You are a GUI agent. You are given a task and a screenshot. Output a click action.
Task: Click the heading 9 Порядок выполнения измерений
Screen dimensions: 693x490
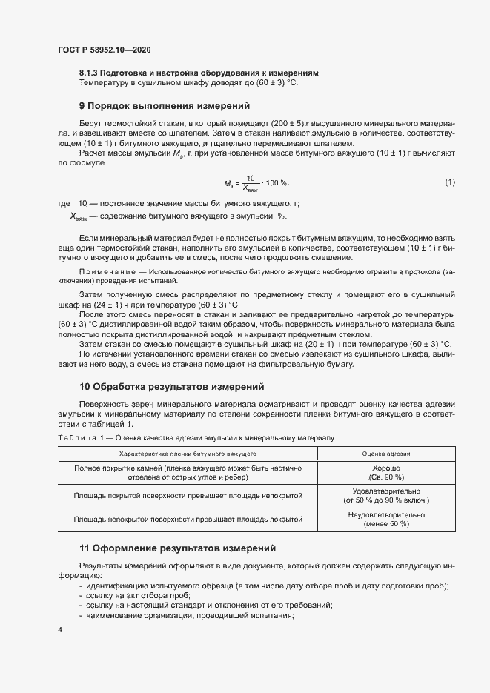tap(165, 105)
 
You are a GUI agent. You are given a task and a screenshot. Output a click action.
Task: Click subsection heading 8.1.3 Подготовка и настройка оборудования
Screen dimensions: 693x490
tap(199, 73)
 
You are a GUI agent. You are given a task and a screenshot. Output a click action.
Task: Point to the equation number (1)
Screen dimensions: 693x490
tap(450, 182)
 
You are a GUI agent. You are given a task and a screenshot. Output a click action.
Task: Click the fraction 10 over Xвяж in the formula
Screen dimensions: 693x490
tap(253, 182)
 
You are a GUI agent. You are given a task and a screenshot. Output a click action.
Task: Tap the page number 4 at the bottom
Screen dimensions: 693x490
tap(60, 629)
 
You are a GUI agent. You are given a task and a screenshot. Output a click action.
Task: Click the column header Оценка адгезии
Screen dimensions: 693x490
tap(385, 453)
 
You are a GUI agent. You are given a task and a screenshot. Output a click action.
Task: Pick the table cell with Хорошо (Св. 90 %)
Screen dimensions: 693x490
tap(385, 473)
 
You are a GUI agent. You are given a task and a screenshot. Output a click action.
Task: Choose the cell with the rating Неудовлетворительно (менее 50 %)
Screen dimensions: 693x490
tap(385, 519)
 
